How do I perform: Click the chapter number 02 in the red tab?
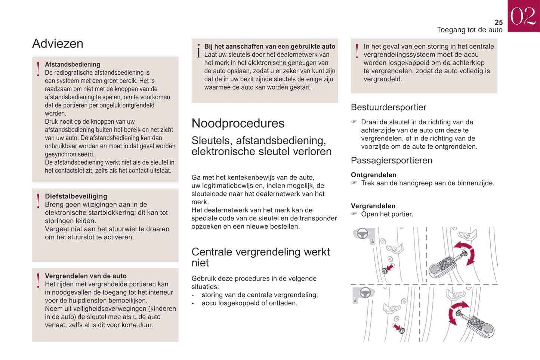pyautogui.click(x=523, y=16)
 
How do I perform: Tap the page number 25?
pyautogui.click(x=499, y=22)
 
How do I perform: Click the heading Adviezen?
pyautogui.click(x=58, y=44)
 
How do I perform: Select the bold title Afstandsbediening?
pyautogui.click(x=72, y=64)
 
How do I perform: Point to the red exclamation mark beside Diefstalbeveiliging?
pyautogui.click(x=38, y=201)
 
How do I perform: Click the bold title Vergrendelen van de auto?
pyautogui.click(x=86, y=276)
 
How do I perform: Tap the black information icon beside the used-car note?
pyautogui.click(x=198, y=50)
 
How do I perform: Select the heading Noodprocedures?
pyautogui.click(x=238, y=123)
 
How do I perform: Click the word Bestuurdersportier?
pyautogui.click(x=388, y=108)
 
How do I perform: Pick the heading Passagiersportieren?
pyautogui.click(x=391, y=161)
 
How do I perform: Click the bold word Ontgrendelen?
pyautogui.click(x=373, y=175)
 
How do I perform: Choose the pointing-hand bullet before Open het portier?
pyautogui.click(x=354, y=214)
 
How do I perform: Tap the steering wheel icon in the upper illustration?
pyautogui.click(x=362, y=234)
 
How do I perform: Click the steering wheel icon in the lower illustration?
pyautogui.click(x=365, y=293)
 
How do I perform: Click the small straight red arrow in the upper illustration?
pyautogui.click(x=389, y=268)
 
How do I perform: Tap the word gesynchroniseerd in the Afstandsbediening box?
pyautogui.click(x=70, y=154)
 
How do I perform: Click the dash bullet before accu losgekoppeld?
pyautogui.click(x=193, y=303)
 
